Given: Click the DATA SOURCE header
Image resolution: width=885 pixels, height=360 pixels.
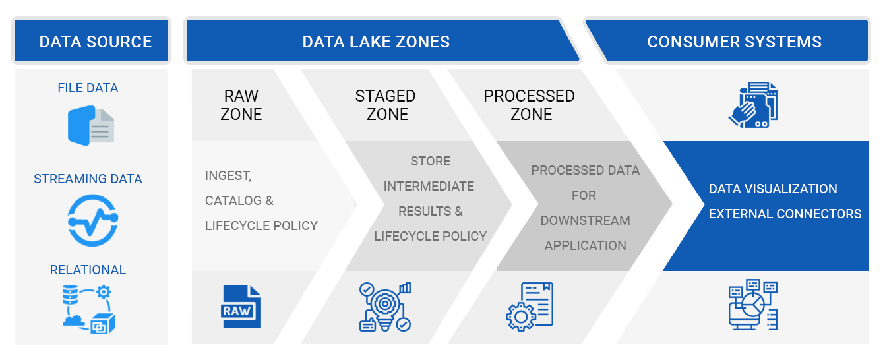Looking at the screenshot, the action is [x=96, y=42].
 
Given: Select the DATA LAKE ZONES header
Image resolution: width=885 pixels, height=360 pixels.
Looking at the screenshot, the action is [x=376, y=42].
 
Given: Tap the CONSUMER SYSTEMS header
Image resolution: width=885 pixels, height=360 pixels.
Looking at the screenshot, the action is [x=734, y=42].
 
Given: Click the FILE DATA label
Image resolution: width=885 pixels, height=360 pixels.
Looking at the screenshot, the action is [x=88, y=88].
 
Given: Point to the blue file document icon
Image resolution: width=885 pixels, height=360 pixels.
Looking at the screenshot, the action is [x=91, y=126].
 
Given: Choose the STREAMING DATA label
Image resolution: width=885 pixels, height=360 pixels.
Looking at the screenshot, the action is [x=88, y=179].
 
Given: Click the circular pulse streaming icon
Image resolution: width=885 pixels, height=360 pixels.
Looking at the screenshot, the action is [x=92, y=220].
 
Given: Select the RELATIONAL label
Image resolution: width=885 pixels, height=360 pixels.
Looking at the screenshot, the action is [x=88, y=270].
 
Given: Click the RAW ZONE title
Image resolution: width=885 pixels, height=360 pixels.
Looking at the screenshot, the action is [x=241, y=105].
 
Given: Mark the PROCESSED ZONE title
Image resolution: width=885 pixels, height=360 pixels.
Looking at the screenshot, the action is [x=529, y=105].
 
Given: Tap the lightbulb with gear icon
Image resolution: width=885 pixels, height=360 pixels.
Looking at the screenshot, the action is [x=385, y=307].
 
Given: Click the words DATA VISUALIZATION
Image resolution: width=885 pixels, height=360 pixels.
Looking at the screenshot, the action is [x=773, y=189].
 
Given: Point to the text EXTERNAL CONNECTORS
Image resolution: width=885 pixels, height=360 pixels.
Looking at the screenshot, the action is [x=785, y=214].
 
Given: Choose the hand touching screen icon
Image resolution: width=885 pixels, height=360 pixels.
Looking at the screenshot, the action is [x=753, y=105].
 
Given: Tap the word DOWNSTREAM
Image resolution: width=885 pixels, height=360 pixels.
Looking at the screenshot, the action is [x=585, y=220].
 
